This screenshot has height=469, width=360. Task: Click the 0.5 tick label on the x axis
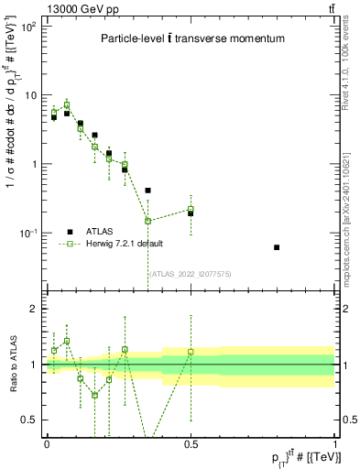click(x=191, y=442)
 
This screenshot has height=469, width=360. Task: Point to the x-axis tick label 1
click(x=334, y=442)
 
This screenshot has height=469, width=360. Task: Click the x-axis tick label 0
click(x=47, y=442)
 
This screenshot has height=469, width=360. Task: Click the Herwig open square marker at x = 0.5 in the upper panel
click(x=191, y=209)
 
